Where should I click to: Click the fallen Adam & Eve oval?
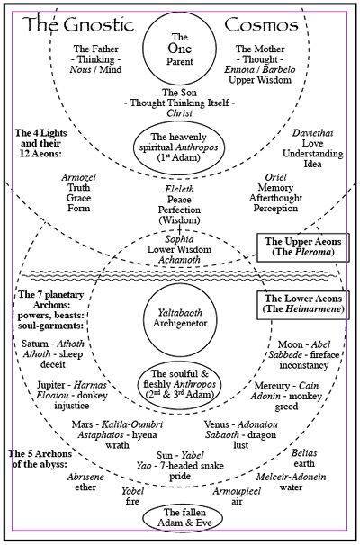[180, 520]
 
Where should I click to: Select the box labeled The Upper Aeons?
[301, 248]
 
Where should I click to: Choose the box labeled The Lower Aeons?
[301, 302]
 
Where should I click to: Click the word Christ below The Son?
[180, 114]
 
